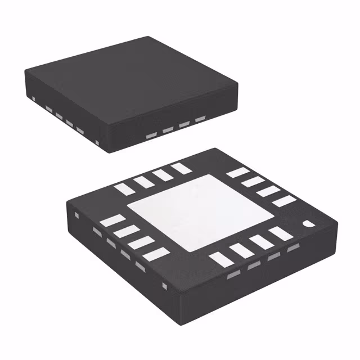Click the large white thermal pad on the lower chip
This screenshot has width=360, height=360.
(188, 213)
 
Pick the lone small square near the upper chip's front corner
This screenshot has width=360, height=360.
(98, 142)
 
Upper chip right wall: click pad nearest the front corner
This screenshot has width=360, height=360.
(151, 136)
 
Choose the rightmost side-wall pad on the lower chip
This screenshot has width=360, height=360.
(292, 248)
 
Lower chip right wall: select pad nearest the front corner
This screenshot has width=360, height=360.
(233, 275)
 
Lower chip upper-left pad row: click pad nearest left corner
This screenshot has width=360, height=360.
(125, 190)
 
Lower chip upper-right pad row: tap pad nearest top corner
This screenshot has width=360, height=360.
(237, 173)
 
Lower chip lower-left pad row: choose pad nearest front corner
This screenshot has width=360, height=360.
(156, 254)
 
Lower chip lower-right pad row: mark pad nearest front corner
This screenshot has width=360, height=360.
(220, 259)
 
